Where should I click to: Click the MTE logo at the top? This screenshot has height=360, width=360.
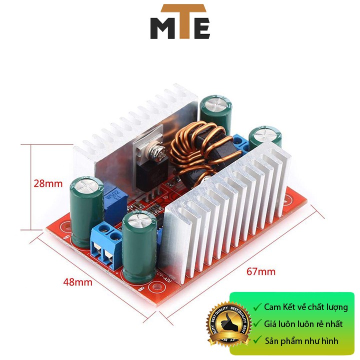tap(180, 22)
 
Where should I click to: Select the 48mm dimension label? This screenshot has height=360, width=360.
tap(78, 282)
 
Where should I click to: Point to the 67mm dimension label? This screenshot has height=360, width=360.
tap(261, 272)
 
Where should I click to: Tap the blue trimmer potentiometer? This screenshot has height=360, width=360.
tap(112, 195)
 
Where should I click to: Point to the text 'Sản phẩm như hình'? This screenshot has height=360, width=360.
tap(301, 341)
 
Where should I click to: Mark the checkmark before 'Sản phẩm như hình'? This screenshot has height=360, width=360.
tap(257, 341)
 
